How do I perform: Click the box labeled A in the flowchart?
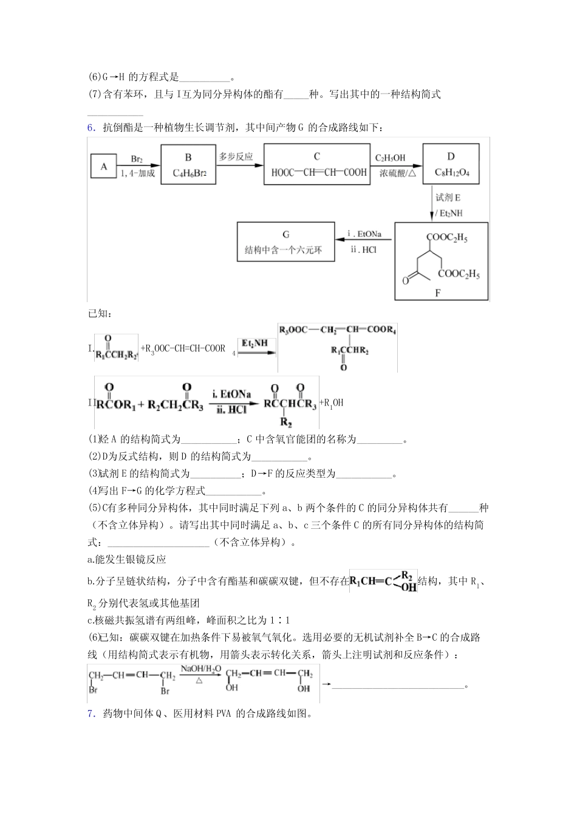point(104,166)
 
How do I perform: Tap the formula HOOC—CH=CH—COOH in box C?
point(319,172)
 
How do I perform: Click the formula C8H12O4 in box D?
point(452,173)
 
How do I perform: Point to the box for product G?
point(285,242)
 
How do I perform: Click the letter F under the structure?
point(438,293)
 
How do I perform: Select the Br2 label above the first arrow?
point(137,159)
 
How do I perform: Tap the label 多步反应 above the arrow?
point(236,157)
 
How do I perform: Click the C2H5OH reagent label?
point(390,158)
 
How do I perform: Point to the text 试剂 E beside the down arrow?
point(448,198)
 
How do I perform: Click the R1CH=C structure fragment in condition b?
point(383,581)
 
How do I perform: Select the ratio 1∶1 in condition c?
point(280,620)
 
